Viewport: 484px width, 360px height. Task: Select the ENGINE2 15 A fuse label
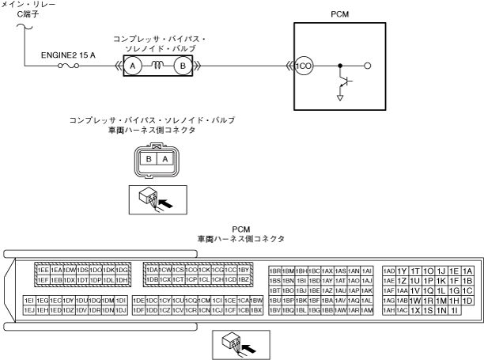click(x=69, y=56)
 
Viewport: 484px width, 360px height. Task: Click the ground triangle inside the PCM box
click(x=340, y=96)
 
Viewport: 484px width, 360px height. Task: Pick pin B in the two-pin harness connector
click(x=148, y=158)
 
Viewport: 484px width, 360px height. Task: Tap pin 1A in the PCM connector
click(x=467, y=270)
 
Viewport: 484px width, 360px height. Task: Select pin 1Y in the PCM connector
click(x=402, y=270)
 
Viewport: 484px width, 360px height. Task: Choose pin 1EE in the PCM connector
click(x=43, y=270)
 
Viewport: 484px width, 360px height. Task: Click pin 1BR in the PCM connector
click(x=275, y=270)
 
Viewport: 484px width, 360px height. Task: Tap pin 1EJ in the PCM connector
click(x=30, y=311)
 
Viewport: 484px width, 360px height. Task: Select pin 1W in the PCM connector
click(x=414, y=301)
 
